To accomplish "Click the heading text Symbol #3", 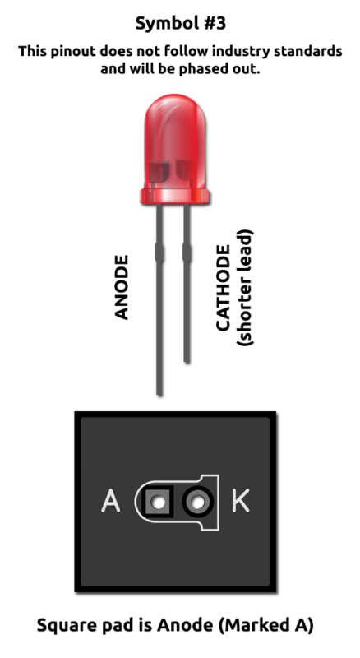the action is pyautogui.click(x=181, y=24).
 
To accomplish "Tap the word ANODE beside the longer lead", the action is pyautogui.click(x=122, y=287).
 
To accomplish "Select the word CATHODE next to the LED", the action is pyautogui.click(x=224, y=288).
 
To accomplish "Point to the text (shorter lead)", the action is pyautogui.click(x=246, y=287).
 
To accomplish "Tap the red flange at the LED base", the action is pyautogui.click(x=175, y=197).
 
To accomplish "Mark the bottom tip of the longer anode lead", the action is pyautogui.click(x=159, y=394).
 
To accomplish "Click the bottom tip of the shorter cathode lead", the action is pyautogui.click(x=187, y=361).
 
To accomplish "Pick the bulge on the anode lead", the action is pyautogui.click(x=159, y=253).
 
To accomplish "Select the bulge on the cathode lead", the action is pyautogui.click(x=187, y=253).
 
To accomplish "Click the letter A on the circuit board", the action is pyautogui.click(x=111, y=501).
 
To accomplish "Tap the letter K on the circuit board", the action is pyautogui.click(x=241, y=501).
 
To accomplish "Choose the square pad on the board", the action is pyautogui.click(x=158, y=501).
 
